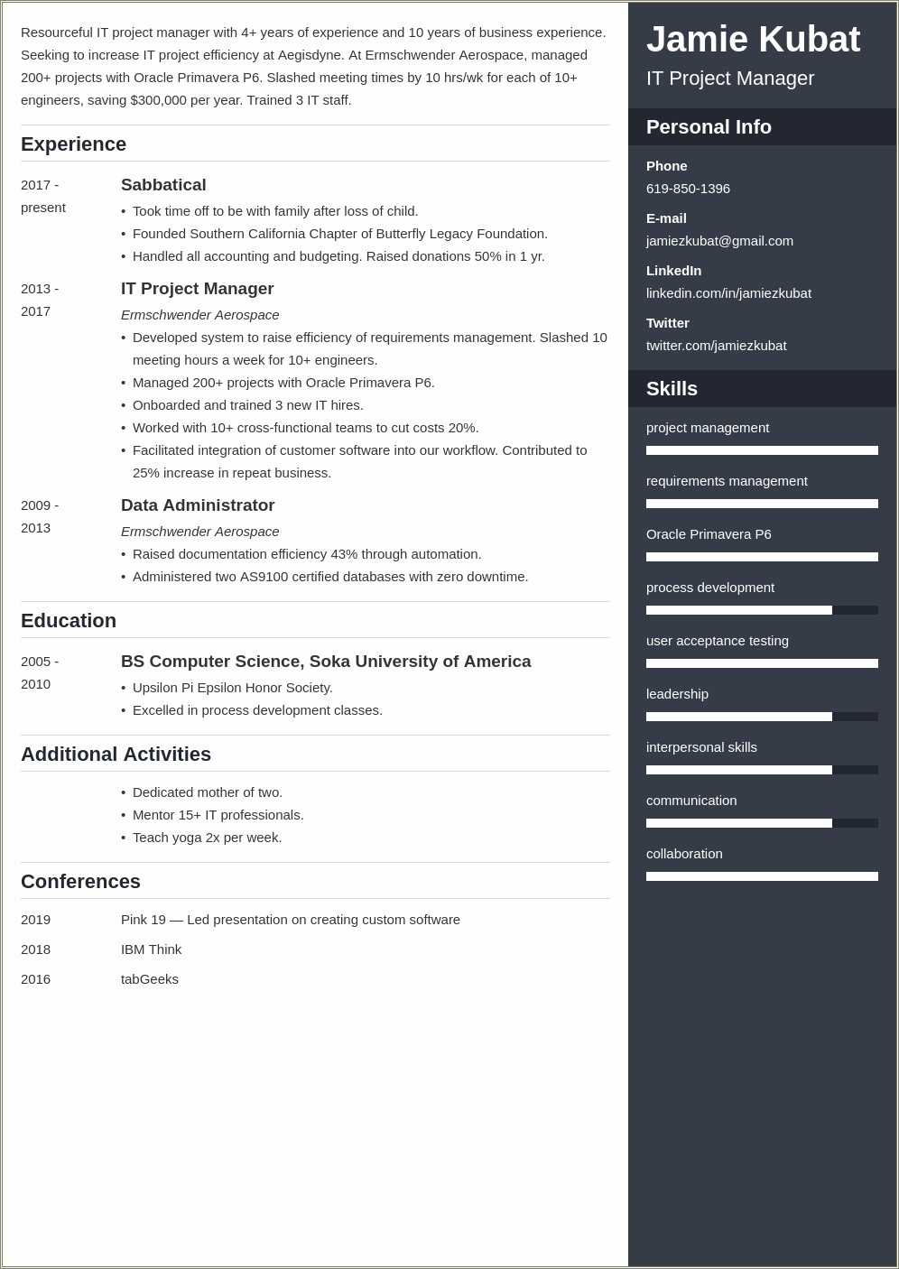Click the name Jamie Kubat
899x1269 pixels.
753,40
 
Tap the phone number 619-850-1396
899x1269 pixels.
688,189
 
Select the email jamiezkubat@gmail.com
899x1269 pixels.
719,241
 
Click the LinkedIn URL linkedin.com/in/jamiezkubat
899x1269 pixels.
728,293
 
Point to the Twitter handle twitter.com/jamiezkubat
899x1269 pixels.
716,346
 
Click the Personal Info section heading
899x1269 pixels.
709,127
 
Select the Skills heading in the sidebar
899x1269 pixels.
672,389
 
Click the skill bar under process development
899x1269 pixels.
761,610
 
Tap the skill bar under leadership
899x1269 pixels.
761,717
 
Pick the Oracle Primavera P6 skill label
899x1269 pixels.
709,534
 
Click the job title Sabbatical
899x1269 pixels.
163,185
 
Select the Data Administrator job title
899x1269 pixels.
198,505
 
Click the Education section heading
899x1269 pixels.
69,621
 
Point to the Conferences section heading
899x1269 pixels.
80,882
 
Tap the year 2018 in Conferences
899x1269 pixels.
36,949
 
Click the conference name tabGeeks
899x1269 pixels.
150,979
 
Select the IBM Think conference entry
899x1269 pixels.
151,949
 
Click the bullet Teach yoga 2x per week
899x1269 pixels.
207,838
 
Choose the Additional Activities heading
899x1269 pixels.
116,755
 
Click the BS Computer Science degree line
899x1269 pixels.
326,662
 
